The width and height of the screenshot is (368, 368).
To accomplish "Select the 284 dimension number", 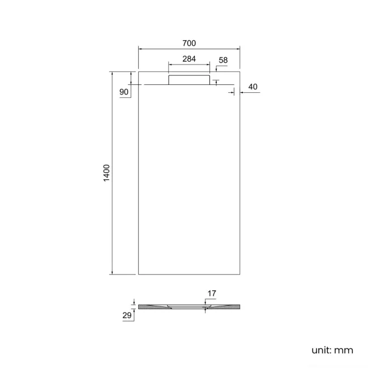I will coord(189,59).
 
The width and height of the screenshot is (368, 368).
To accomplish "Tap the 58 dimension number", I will coord(223,59).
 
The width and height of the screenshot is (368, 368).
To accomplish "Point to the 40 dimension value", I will coord(253,87).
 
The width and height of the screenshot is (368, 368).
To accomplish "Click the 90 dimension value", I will coord(124,91).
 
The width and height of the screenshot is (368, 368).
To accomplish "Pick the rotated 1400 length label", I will coord(106,173).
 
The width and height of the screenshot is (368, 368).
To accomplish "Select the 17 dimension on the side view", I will coord(212,293).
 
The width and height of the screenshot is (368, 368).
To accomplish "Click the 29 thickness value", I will coord(127,315).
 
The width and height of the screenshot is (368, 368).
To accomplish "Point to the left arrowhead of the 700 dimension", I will coord(140,49).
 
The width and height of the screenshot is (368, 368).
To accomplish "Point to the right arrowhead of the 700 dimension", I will coord(238,49).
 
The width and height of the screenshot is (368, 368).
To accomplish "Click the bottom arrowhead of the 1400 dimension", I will coord(112,272).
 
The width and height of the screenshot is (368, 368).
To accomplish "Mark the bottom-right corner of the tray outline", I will coord(241,275).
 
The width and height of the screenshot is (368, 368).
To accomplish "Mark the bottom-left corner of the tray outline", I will coord(138,275).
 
